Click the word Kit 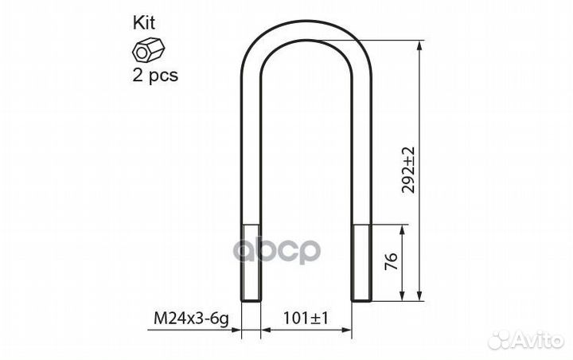click(143, 22)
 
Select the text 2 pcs click(155, 76)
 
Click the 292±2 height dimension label click(408, 170)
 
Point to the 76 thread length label click(391, 261)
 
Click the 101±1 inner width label click(306, 318)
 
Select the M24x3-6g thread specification click(191, 319)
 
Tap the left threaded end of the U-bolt click(251, 262)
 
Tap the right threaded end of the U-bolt click(361, 262)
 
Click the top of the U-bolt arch click(306, 28)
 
